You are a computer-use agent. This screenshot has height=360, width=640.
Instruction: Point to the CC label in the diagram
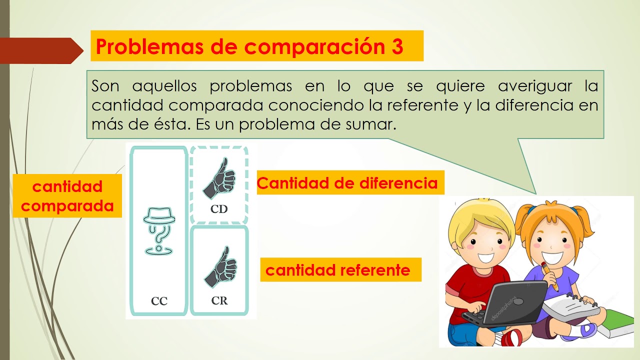(x=159, y=301)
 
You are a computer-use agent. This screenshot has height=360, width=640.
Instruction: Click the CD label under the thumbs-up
(x=219, y=209)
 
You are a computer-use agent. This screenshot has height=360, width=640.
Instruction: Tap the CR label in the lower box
(x=219, y=300)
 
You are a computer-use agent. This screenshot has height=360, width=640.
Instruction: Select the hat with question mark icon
(x=159, y=230)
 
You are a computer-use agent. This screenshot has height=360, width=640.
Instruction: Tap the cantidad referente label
(x=338, y=270)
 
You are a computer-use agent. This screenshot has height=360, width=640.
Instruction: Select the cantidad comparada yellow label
(x=67, y=196)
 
